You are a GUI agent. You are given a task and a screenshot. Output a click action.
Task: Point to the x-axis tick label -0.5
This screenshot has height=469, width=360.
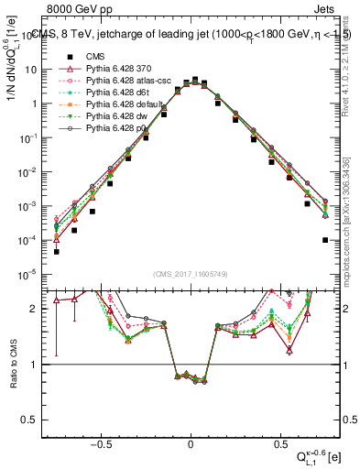click(102, 442)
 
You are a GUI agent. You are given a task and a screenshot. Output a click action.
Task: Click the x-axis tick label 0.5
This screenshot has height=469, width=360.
click(279, 442)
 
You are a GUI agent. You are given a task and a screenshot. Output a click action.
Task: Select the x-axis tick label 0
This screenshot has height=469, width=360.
click(191, 442)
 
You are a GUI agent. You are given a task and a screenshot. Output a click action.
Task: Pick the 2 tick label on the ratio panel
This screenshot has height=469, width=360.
click(33, 309)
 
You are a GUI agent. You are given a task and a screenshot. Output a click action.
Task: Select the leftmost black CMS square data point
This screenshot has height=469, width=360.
click(56, 251)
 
